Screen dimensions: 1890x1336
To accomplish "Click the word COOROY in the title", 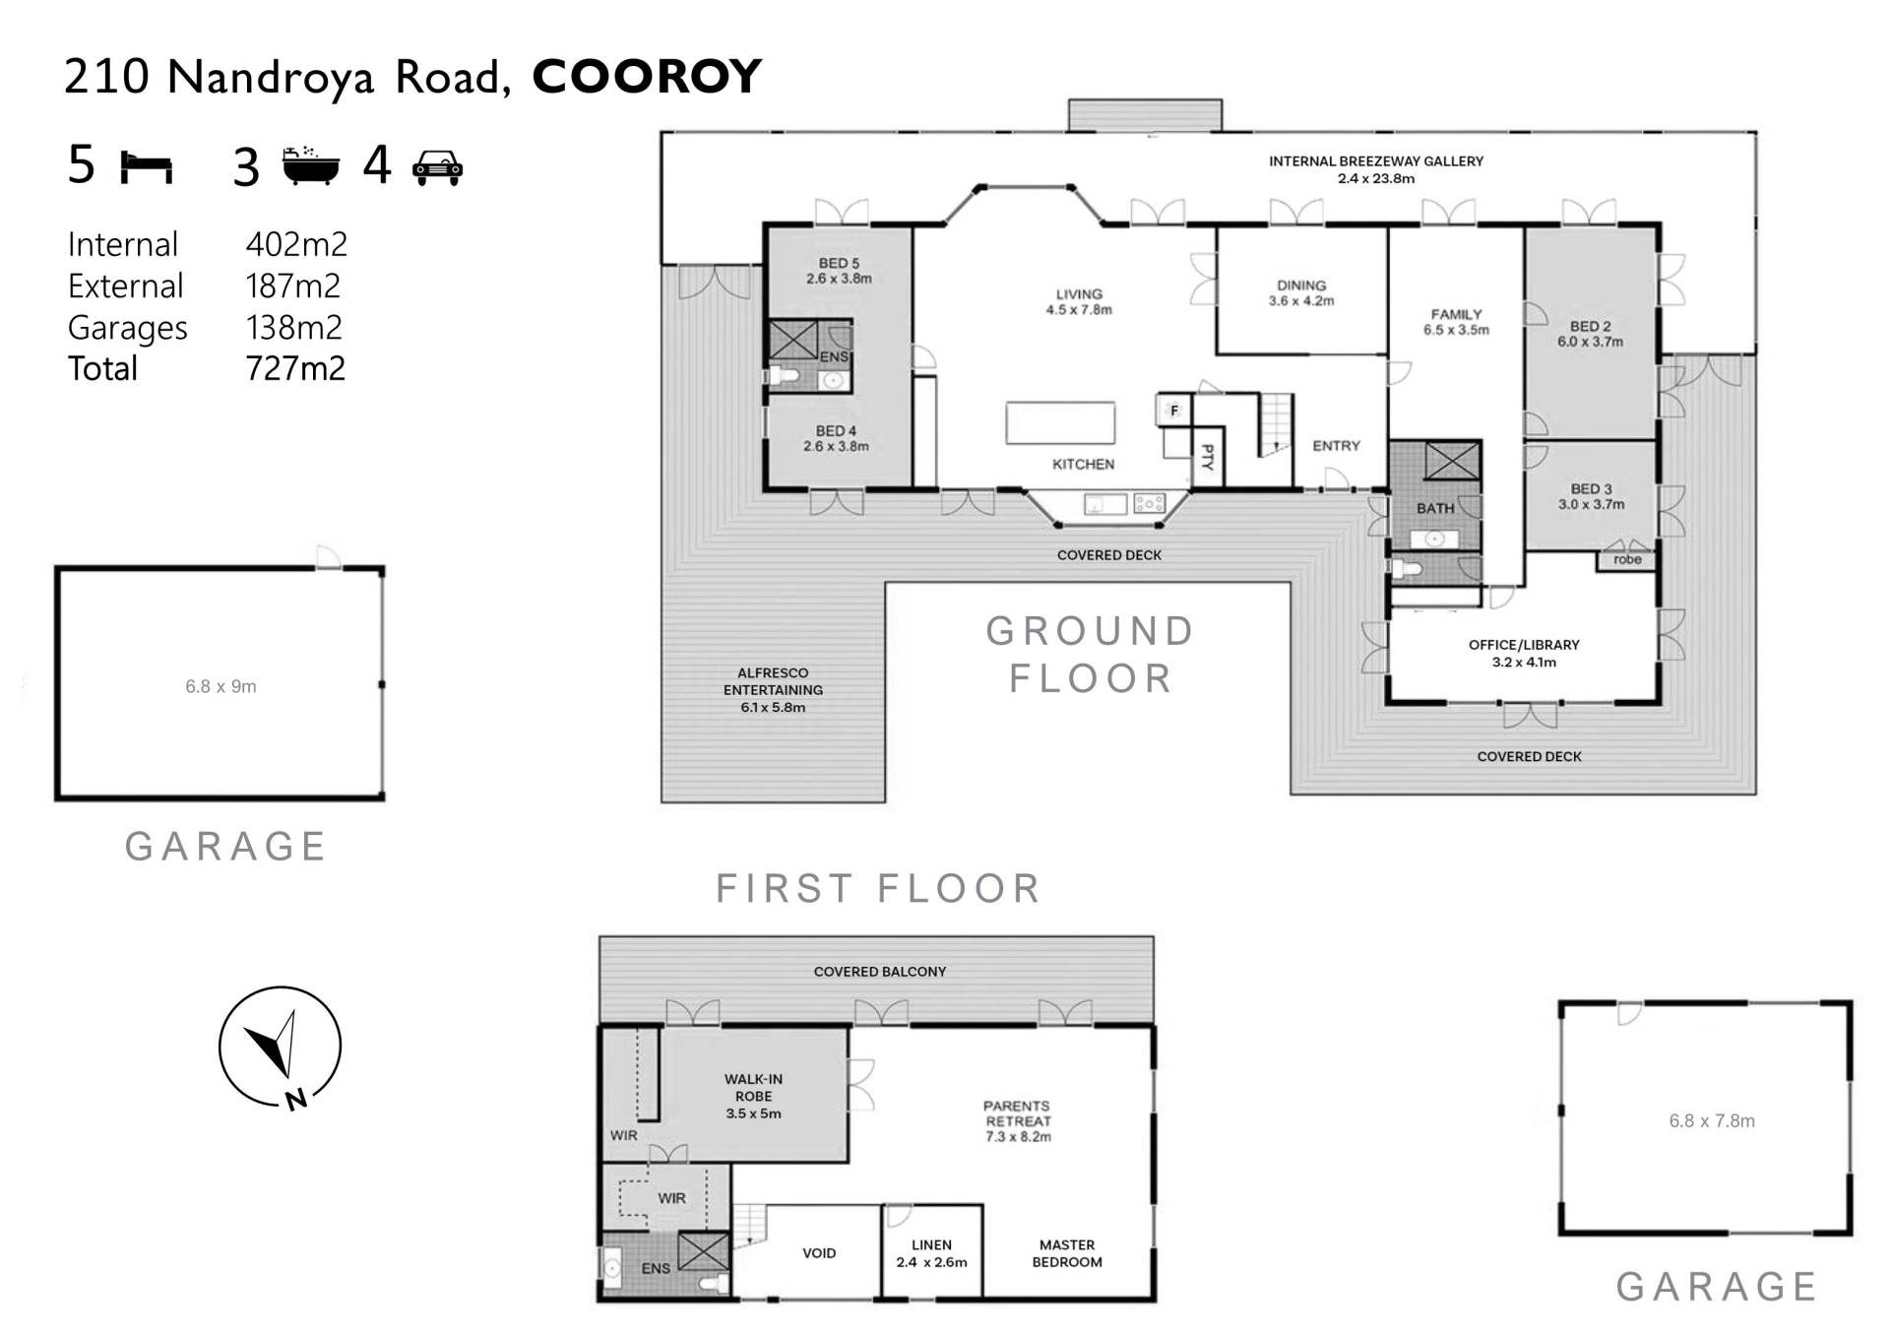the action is pos(647,77).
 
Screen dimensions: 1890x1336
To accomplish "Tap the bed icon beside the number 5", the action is pos(146,167).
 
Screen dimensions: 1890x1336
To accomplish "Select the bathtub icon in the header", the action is pos(311,166).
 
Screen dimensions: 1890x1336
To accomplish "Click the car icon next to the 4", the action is pos(437,167).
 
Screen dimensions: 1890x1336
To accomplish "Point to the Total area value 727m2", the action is pos(295,368).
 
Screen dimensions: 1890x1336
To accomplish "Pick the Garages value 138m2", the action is pos(294,327).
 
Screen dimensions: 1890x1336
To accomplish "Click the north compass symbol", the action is pos(281,1047).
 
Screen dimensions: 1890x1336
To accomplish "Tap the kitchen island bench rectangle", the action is pos(1060,423).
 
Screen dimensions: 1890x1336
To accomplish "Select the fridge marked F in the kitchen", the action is pos(1173,411).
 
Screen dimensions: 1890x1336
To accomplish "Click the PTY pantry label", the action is pos(1208,457).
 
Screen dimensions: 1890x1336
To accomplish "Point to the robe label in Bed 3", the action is pos(1627,559).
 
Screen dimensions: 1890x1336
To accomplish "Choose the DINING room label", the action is pos(1301,285).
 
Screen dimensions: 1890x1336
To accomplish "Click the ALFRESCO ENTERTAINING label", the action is pos(773,681).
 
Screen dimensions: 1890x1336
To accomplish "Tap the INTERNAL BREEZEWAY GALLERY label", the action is pos(1375,161).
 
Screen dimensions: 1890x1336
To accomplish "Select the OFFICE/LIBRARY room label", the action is pos(1524,645).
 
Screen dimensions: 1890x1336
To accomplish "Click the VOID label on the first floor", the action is pos(819,1253).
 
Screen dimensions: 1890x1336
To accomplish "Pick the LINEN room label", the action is pos(931,1245).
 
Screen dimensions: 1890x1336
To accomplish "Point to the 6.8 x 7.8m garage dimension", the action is pos(1712,1120).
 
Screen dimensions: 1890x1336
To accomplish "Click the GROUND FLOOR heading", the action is pos(1091,655).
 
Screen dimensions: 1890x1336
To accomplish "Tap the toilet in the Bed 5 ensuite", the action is pos(784,376).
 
